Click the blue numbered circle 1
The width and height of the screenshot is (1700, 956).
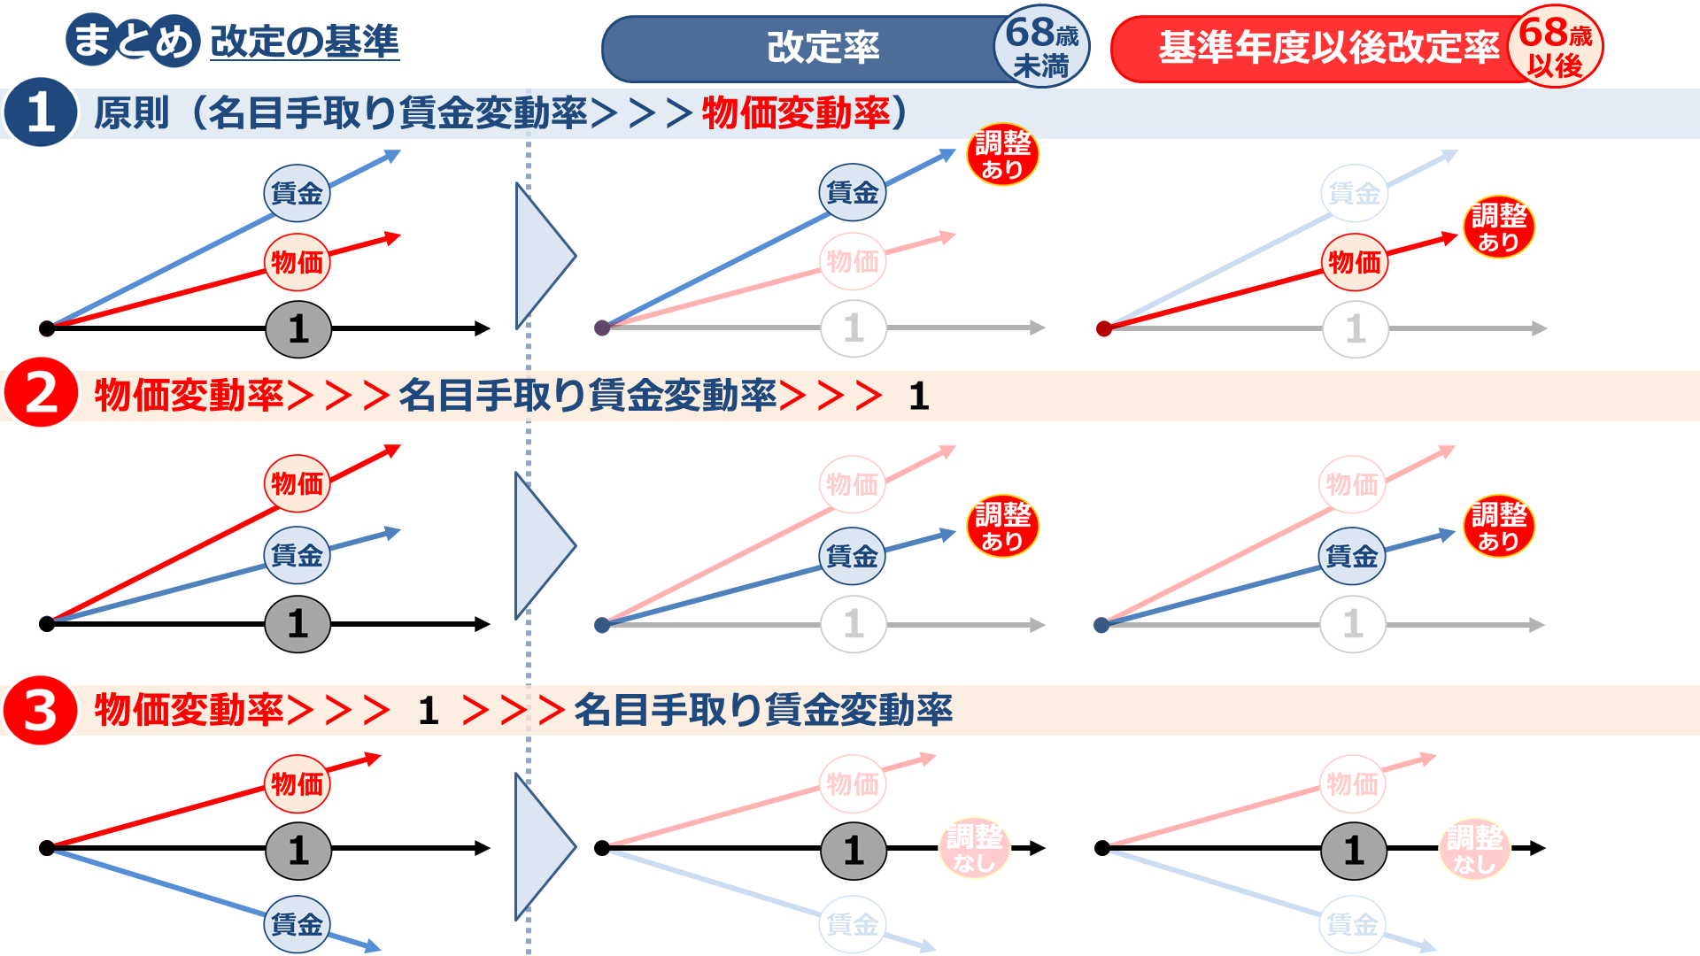click(40, 112)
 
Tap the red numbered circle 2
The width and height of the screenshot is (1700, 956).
click(41, 394)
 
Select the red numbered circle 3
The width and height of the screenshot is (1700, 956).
click(41, 710)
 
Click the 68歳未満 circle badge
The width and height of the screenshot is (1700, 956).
click(1042, 48)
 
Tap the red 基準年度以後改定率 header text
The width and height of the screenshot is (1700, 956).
click(1328, 48)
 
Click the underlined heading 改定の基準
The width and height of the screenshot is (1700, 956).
click(305, 42)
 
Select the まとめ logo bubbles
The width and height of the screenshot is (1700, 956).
click(133, 40)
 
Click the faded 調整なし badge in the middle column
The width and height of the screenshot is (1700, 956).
click(974, 847)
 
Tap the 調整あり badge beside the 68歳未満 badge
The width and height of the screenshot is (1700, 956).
click(1002, 155)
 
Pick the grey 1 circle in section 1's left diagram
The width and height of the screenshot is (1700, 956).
click(298, 329)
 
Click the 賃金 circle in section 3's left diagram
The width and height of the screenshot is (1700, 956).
click(297, 924)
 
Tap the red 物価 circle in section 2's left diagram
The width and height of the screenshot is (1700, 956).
click(297, 483)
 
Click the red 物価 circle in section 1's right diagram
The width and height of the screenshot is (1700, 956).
click(1355, 262)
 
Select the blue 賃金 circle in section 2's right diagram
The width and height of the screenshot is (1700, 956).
click(1352, 556)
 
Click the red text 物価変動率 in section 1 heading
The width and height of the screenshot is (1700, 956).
click(795, 113)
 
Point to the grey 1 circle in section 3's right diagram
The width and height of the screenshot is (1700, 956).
click(1354, 850)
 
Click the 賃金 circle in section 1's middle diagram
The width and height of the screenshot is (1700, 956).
click(852, 192)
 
